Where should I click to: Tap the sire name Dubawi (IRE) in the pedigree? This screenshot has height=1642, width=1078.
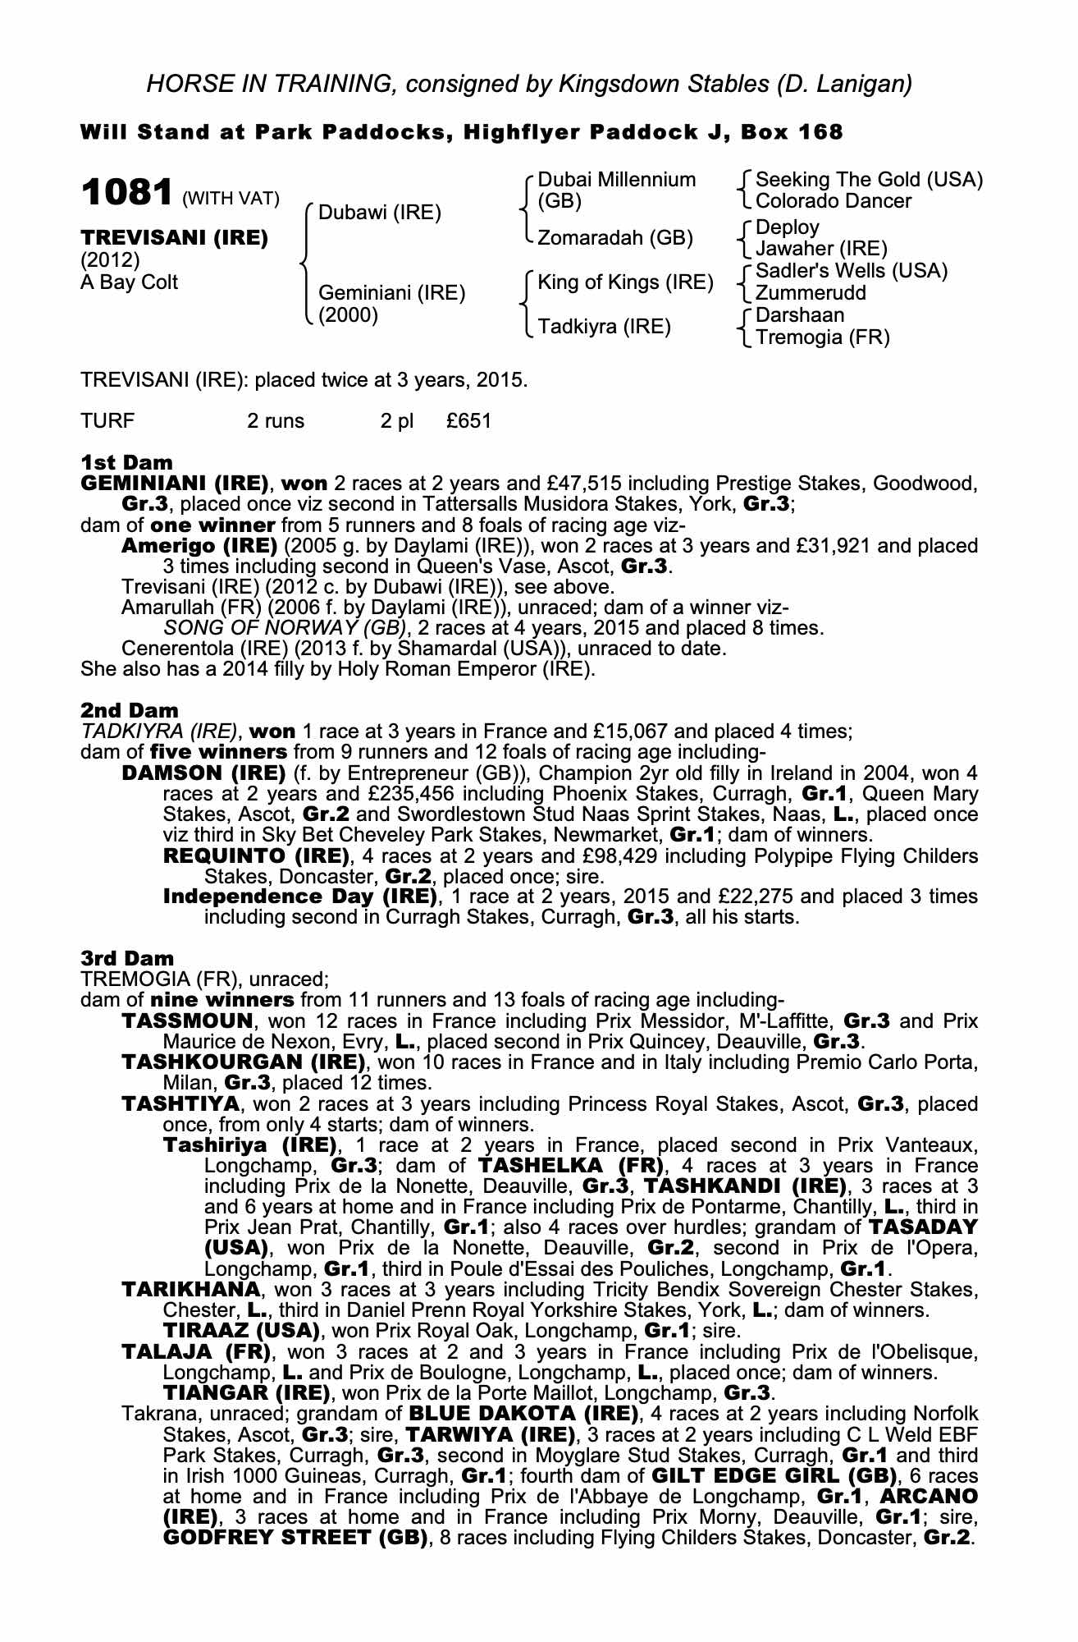pyautogui.click(x=379, y=213)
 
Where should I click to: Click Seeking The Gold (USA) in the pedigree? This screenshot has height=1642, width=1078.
pyautogui.click(x=869, y=180)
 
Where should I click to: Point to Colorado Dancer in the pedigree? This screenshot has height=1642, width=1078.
pyautogui.click(x=833, y=201)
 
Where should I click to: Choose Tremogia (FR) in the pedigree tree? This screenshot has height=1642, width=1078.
pyautogui.click(x=822, y=337)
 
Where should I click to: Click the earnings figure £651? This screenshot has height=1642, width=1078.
pyautogui.click(x=469, y=421)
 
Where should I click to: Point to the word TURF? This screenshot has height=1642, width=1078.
pyautogui.click(x=107, y=421)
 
